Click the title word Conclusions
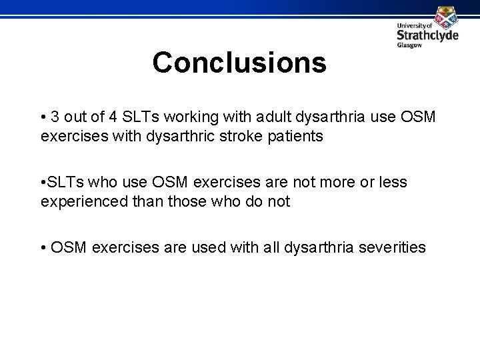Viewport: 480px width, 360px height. [x=239, y=63]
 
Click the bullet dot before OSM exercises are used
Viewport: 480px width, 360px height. [x=43, y=248]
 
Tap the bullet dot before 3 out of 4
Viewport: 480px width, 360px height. [x=43, y=118]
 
